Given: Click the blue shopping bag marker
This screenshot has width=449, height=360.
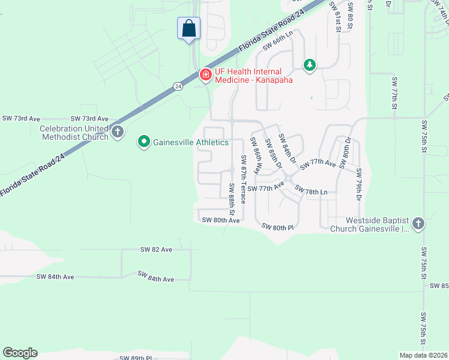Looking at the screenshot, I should click(x=188, y=28).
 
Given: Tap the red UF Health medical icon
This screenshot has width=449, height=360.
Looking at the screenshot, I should click(x=205, y=74).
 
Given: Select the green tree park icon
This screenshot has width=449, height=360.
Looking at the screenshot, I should click(x=309, y=64).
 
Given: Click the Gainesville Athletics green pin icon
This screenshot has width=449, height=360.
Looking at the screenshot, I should click(x=144, y=142).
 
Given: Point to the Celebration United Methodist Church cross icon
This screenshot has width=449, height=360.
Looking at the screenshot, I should click(x=118, y=132).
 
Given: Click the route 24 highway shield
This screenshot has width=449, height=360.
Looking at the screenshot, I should click(x=178, y=86).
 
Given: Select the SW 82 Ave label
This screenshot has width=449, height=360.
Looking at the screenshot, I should click(x=156, y=249).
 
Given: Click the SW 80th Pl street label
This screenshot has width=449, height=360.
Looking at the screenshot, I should click(x=277, y=227).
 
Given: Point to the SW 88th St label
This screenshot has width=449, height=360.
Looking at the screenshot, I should click(x=231, y=200).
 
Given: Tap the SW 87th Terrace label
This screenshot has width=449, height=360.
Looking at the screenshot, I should click(x=244, y=179).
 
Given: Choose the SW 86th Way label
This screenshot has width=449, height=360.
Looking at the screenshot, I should click(x=256, y=156).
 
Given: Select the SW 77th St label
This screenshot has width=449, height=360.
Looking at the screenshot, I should click(x=395, y=92).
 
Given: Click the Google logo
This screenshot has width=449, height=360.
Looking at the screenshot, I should click(x=20, y=353).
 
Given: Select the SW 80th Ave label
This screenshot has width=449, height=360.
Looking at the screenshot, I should click(x=221, y=220).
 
